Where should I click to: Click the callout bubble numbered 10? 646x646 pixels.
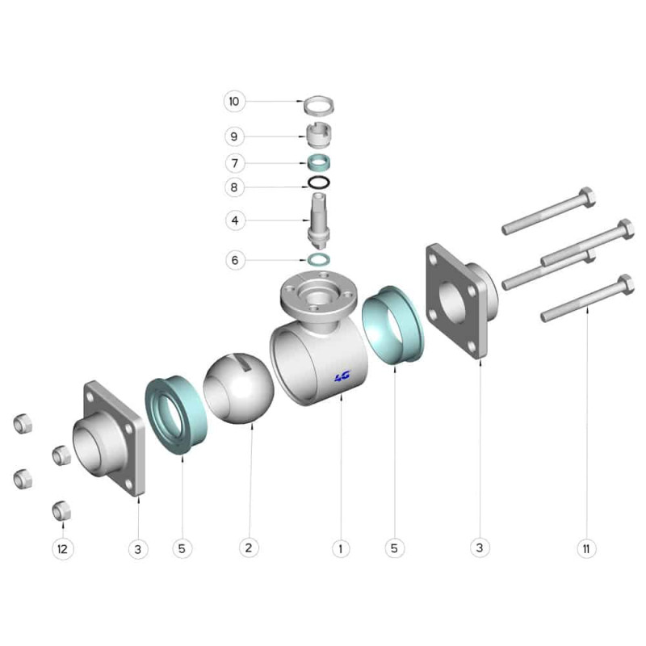[x=234, y=102]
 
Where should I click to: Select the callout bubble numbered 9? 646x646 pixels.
[x=234, y=136]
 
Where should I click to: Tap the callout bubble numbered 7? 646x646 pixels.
[x=235, y=163]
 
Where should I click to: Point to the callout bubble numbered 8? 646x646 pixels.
[x=234, y=187]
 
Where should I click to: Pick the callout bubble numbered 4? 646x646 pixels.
[x=235, y=220]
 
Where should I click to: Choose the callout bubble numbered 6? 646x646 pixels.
[x=235, y=260]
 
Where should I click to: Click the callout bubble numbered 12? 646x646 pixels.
[x=63, y=549]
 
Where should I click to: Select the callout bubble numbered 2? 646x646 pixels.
[x=249, y=548]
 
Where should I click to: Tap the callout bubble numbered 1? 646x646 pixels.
[x=341, y=549]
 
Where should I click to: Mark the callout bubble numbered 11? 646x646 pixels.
[x=586, y=549]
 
